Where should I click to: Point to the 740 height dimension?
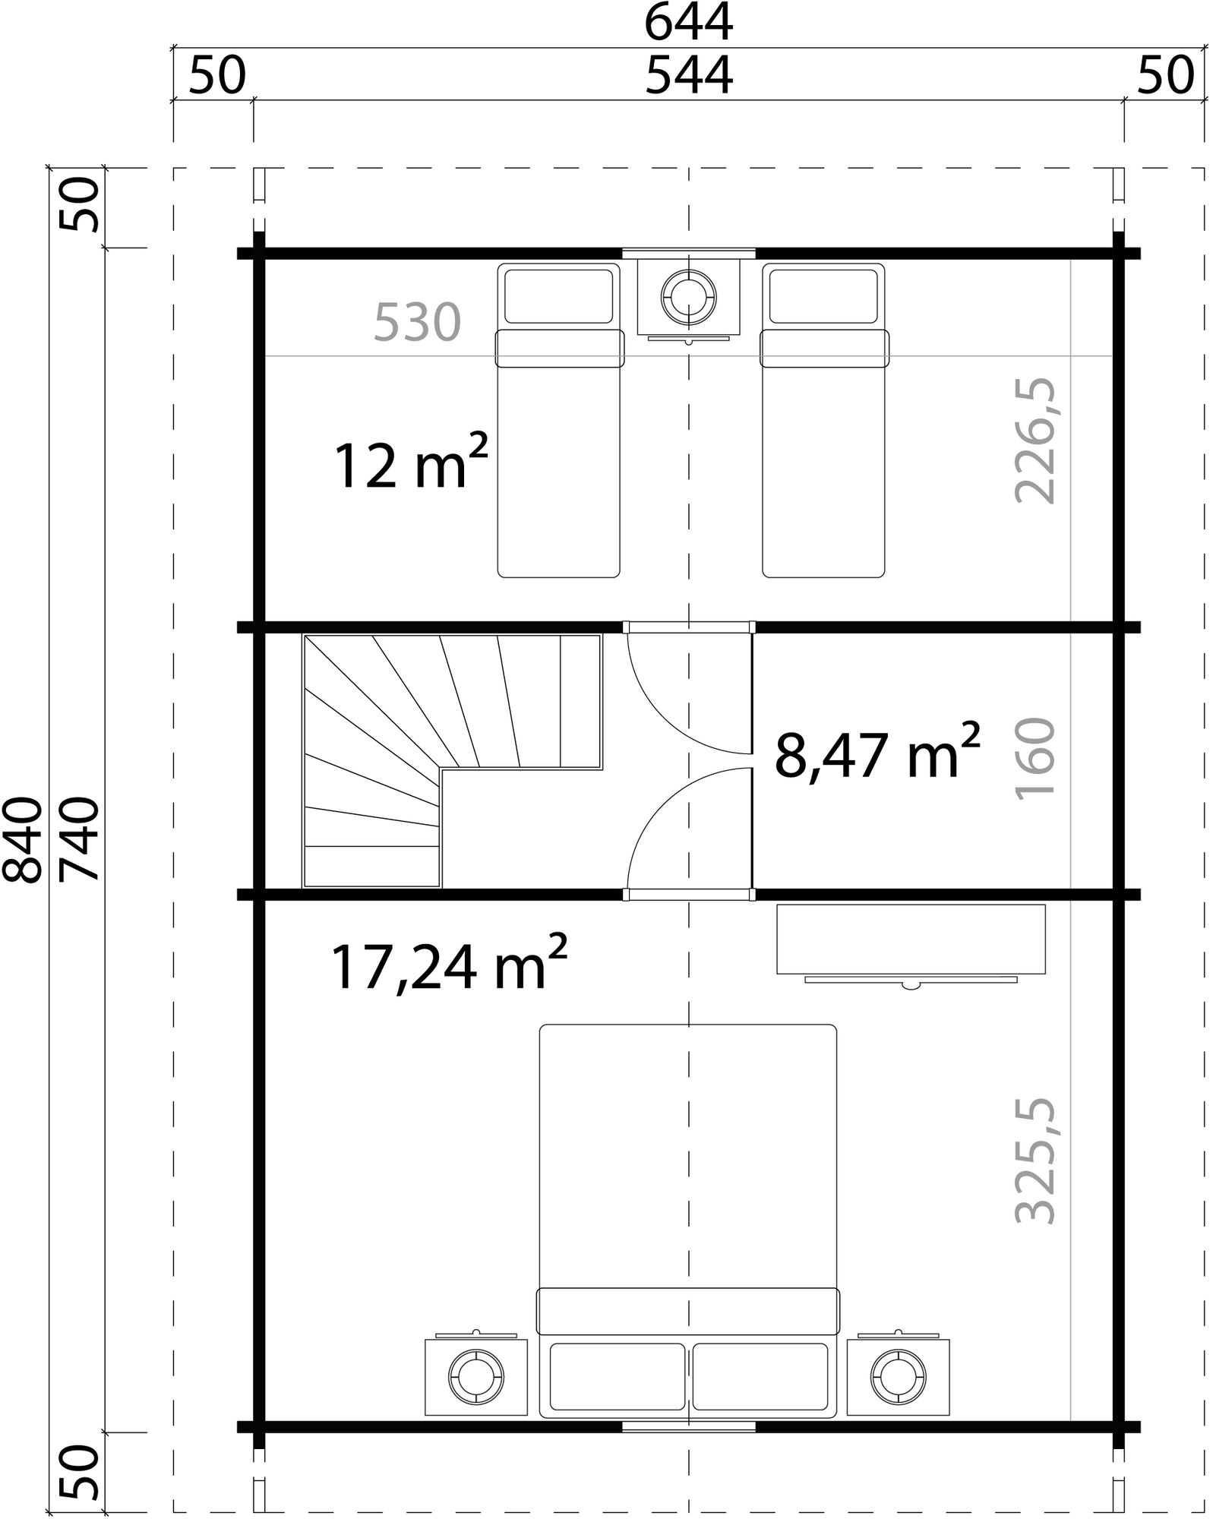point(79,839)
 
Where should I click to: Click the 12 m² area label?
point(409,466)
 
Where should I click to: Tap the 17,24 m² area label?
point(448,968)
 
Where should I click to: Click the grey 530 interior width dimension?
point(417,323)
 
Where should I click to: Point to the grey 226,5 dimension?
point(1035,441)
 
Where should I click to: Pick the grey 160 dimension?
point(1035,756)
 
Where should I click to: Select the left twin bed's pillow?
point(558,296)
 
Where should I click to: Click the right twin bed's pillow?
point(823,296)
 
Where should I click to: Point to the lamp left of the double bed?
point(475,1377)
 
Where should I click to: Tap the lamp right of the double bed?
point(899,1377)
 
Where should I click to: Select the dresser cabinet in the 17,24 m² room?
point(910,939)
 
